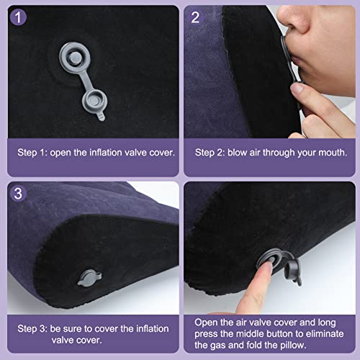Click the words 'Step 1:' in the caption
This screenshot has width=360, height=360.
coord(33,153)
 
